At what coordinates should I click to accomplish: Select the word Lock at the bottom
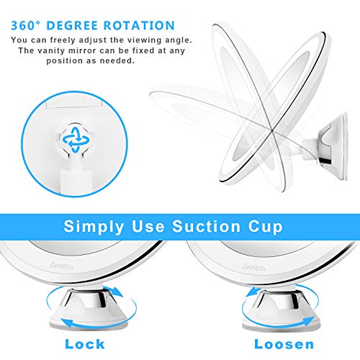(84, 344)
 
